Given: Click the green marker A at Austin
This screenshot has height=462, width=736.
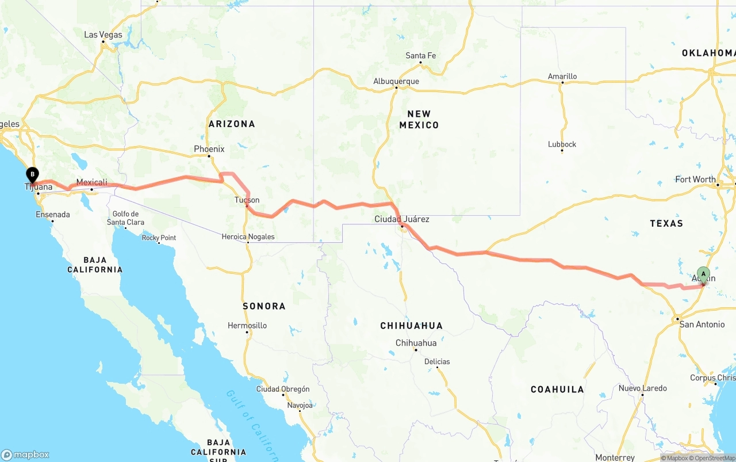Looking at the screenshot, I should [x=703, y=274].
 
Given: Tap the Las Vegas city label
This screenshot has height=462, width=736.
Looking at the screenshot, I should [x=103, y=35].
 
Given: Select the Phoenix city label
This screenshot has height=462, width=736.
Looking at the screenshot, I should [x=209, y=149].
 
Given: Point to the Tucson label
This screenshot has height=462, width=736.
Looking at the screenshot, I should [x=247, y=200].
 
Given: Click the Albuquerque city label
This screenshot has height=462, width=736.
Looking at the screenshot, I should [x=396, y=81].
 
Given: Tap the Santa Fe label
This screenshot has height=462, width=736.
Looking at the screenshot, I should [x=420, y=56].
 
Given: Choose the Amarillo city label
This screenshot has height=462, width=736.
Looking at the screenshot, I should [x=562, y=76].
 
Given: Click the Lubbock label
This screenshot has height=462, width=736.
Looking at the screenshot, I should [x=562, y=144].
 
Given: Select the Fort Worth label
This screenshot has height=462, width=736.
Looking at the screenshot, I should [x=695, y=180].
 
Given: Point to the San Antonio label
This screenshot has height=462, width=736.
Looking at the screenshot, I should [x=702, y=324].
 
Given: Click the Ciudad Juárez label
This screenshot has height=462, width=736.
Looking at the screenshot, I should [x=401, y=219].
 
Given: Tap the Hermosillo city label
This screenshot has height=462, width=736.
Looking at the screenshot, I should [x=247, y=326].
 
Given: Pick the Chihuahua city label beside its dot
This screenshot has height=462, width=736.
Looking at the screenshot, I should [x=416, y=343].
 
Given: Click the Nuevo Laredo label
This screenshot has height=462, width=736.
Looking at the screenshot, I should [x=642, y=388].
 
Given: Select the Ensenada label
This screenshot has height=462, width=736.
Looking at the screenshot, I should [x=53, y=215].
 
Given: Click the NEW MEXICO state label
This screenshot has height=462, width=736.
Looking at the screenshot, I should [x=419, y=119].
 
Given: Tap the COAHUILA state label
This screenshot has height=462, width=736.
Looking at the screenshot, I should [x=557, y=390].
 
